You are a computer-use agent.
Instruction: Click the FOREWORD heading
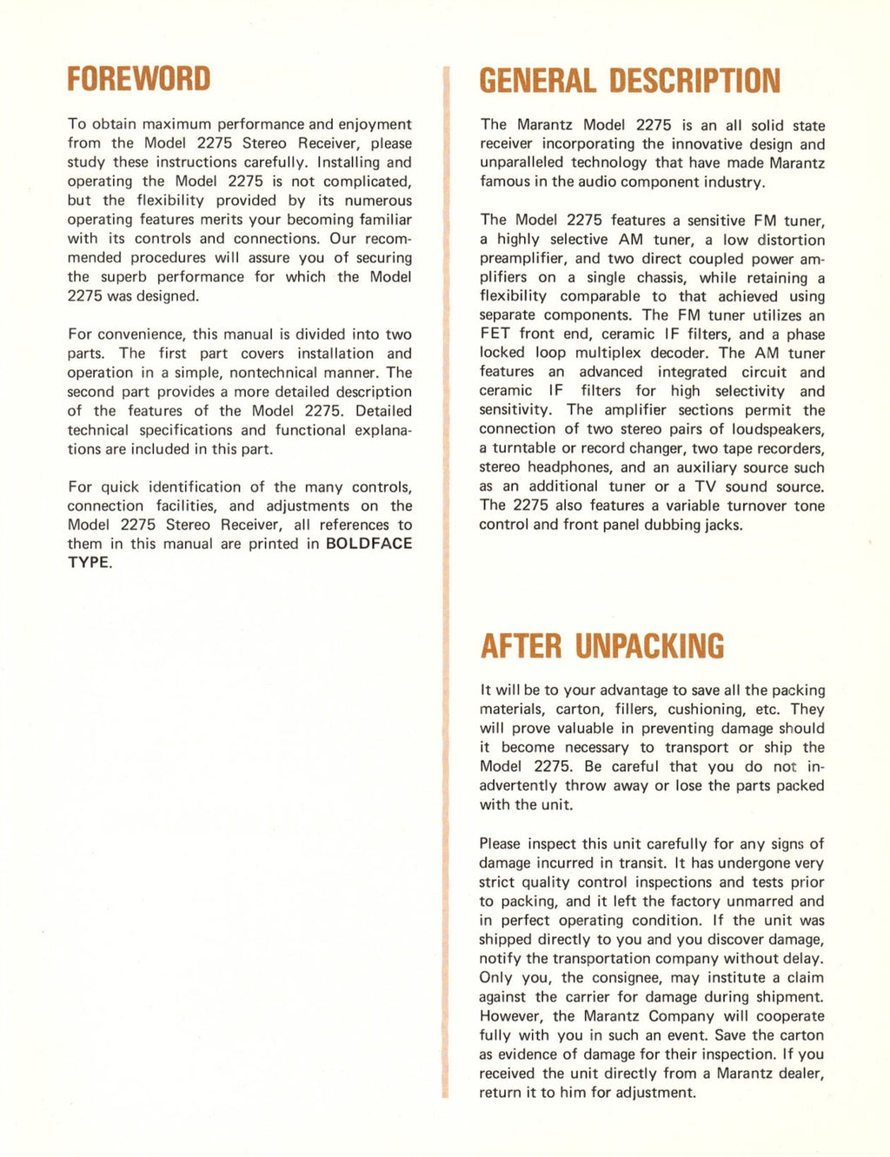click(x=139, y=79)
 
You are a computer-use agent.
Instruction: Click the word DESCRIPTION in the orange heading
click(x=694, y=82)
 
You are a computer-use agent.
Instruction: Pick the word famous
click(x=503, y=182)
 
